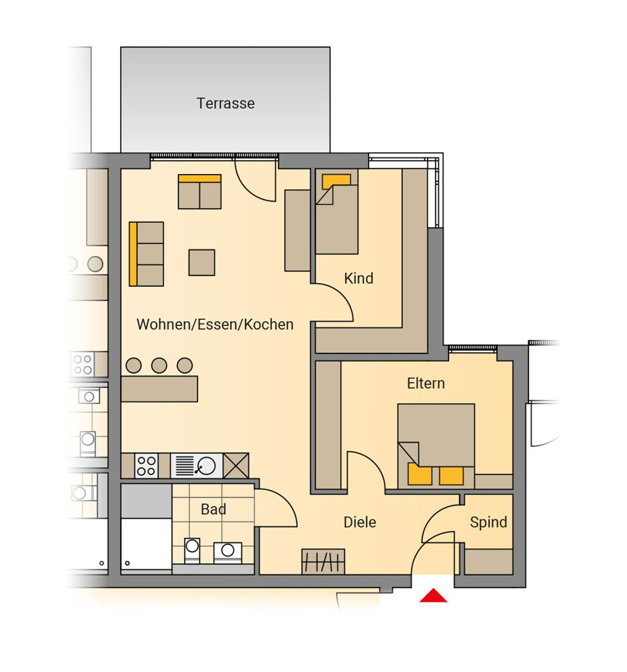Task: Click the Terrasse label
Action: click(226, 103)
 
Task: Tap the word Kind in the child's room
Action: click(358, 278)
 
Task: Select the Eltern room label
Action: click(426, 383)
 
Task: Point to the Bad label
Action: click(213, 509)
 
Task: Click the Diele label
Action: click(360, 522)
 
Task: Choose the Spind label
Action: click(488, 522)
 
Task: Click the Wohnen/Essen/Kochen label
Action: click(215, 325)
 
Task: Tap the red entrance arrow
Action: click(433, 595)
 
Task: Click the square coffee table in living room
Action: click(201, 262)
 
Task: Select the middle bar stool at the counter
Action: click(159, 365)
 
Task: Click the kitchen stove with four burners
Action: click(146, 466)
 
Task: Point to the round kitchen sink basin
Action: click(206, 466)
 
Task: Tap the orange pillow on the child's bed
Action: click(336, 180)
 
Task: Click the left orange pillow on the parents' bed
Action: click(420, 475)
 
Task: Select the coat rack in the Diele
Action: click(323, 561)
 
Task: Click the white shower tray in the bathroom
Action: click(146, 544)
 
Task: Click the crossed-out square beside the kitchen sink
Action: click(236, 466)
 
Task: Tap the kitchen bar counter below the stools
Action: click(159, 388)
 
